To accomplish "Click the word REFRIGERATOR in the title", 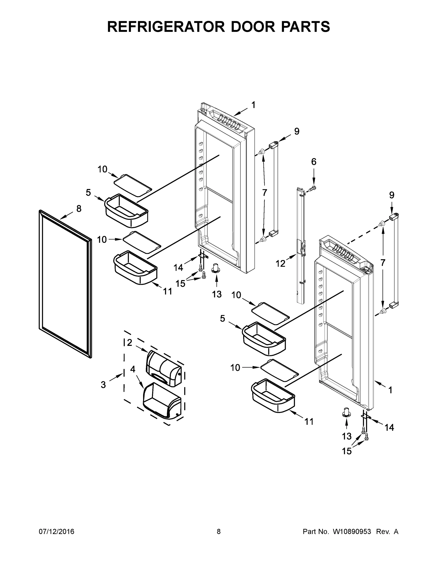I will pos(166,27).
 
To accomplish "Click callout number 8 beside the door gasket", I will pos(79,209).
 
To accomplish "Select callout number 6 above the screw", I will pos(314,162).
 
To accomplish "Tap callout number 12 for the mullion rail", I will pos(280,264).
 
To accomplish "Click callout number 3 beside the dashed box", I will pos(103,385).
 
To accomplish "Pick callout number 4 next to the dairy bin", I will pos(133,369).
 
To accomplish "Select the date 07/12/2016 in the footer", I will pos(57,531).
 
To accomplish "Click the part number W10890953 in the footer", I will pos(352,531).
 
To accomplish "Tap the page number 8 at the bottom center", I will pos(219,531).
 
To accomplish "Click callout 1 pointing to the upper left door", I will pos(253,105).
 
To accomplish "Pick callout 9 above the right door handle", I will pos(392,195).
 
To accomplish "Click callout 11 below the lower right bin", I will pos(309,421).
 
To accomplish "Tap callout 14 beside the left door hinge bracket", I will pos(178,267).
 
